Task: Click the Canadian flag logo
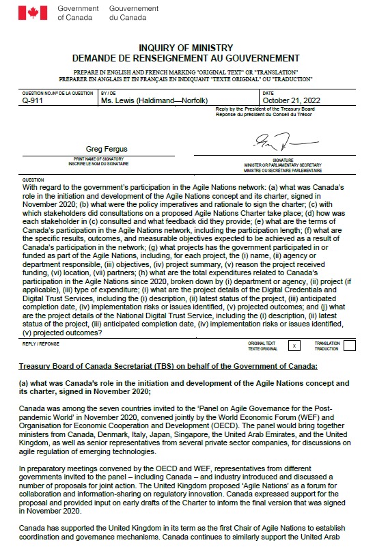32,12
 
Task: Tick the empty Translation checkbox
349,346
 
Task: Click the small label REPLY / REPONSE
38,344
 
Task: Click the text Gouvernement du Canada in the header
133,12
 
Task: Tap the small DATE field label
268,93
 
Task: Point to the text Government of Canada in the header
78,12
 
